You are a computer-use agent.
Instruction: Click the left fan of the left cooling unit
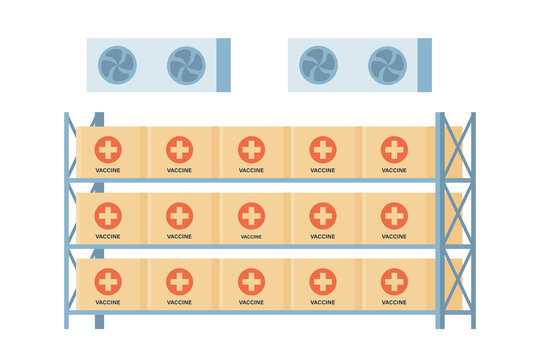[x=117, y=65]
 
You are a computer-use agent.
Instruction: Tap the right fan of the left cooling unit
[x=185, y=65]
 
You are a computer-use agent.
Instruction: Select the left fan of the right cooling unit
[x=319, y=65]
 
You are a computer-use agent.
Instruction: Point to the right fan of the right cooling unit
[x=387, y=65]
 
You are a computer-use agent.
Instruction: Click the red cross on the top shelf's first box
[x=108, y=150]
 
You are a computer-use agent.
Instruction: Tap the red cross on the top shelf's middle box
[x=251, y=150]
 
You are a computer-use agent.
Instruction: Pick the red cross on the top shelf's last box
[x=394, y=150]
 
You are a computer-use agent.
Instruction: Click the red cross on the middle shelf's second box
[x=180, y=215]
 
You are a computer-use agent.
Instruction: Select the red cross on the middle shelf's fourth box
[x=323, y=215]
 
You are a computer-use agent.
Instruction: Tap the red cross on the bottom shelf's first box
[x=108, y=281]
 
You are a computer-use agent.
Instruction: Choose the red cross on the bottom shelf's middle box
[x=251, y=281]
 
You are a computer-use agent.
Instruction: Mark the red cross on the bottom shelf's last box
[x=394, y=281]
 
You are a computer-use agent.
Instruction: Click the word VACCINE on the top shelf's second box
[x=180, y=170]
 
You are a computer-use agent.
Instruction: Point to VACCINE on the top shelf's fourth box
[x=323, y=170]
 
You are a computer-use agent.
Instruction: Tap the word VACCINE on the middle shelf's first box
[x=108, y=237]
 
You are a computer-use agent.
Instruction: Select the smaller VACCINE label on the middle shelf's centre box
[x=251, y=237]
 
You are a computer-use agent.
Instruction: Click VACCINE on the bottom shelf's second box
[x=180, y=302]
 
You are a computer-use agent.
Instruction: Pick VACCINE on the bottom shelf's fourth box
[x=323, y=302]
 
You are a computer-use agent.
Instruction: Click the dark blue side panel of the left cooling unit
[x=223, y=65]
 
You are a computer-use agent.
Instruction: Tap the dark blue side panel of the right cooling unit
[x=425, y=65]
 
